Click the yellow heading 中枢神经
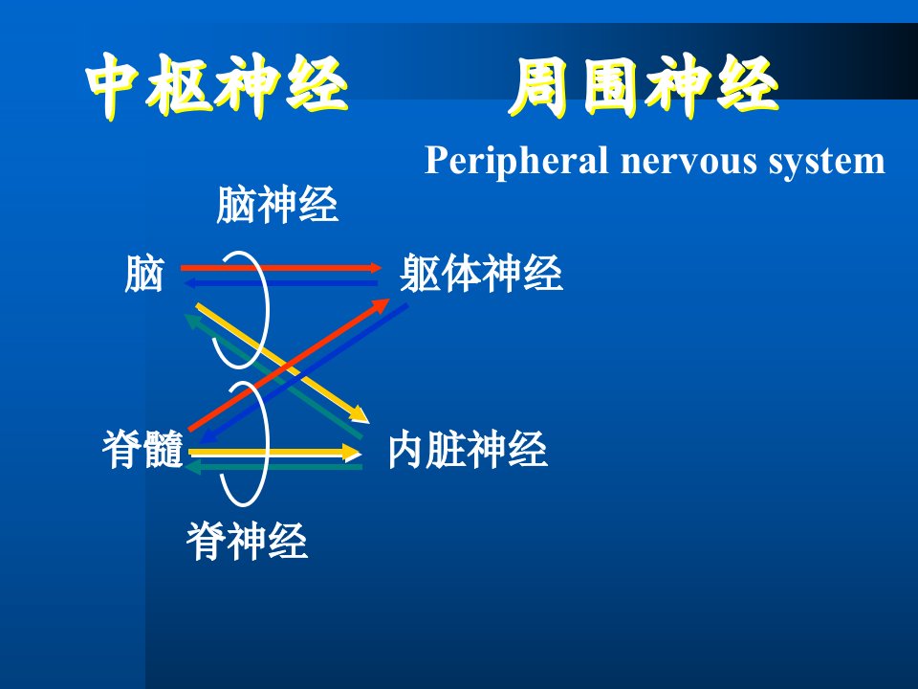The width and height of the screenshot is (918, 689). (217, 87)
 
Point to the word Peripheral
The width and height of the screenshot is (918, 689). (515, 161)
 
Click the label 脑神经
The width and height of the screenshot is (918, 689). (277, 205)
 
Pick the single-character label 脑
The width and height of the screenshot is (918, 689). (144, 273)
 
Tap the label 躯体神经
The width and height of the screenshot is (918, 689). (481, 273)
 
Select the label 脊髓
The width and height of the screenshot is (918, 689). (142, 449)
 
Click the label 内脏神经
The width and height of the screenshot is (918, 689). (468, 450)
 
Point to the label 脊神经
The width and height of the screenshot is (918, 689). (247, 541)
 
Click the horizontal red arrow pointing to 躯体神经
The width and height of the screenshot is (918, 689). (281, 268)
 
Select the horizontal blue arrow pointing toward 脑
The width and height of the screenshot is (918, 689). (281, 283)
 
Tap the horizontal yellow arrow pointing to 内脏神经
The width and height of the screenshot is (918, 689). (275, 453)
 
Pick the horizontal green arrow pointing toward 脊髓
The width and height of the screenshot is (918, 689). (274, 467)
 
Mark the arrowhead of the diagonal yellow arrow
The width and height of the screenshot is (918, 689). (361, 416)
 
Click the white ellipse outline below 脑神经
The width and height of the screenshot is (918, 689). (267, 309)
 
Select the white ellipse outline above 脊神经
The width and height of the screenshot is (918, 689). (267, 443)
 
